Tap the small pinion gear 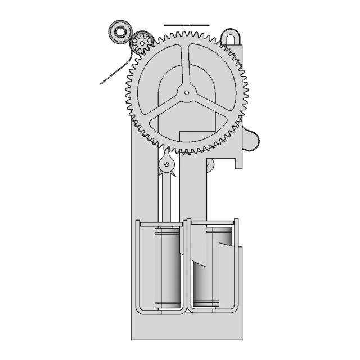[x=142, y=42]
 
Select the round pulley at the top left [x=120, y=33]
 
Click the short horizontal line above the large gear [x=187, y=25]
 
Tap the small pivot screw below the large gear [x=167, y=165]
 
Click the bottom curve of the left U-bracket [x=160, y=310]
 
